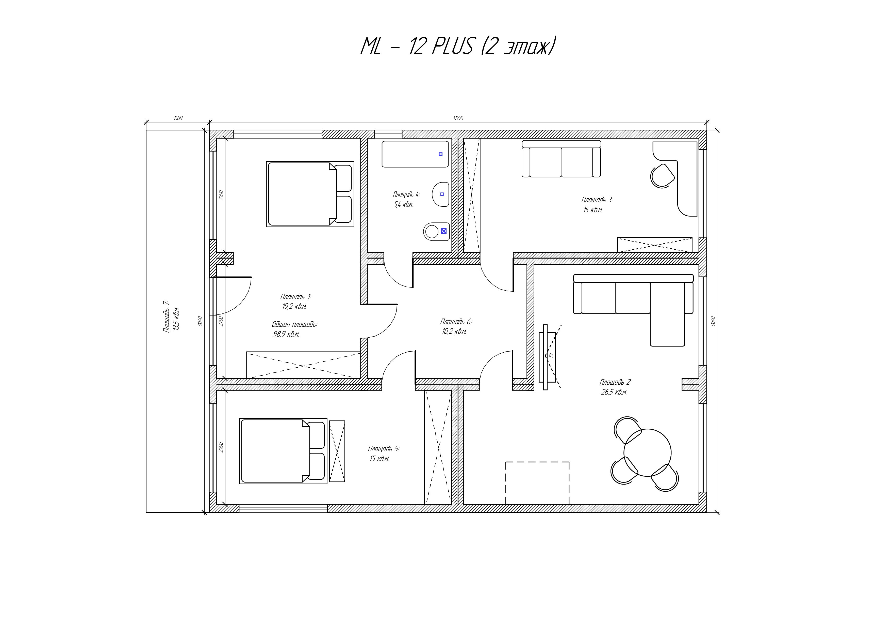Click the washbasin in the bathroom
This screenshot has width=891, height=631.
[440, 194]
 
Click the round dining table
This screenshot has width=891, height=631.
[647, 453]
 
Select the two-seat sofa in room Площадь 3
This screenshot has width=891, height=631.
[561, 159]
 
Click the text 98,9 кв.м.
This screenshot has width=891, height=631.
[286, 334]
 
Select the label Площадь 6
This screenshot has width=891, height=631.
[456, 322]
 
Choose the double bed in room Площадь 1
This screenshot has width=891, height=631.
[310, 194]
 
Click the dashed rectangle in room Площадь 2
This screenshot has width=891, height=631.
[537, 483]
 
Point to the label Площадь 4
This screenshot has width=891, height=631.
[406, 194]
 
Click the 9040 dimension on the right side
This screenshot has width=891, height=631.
[713, 321]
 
